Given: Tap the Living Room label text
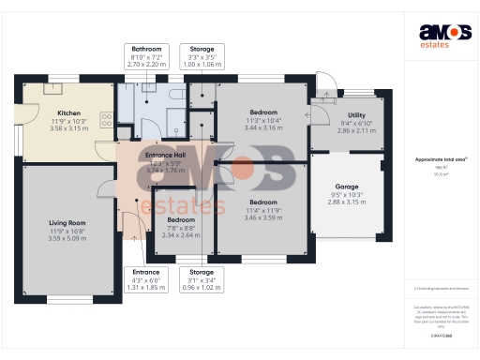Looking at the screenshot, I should [67, 224].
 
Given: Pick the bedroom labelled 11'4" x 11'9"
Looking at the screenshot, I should [262, 202].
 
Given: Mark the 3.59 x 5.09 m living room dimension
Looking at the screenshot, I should [67, 238].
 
